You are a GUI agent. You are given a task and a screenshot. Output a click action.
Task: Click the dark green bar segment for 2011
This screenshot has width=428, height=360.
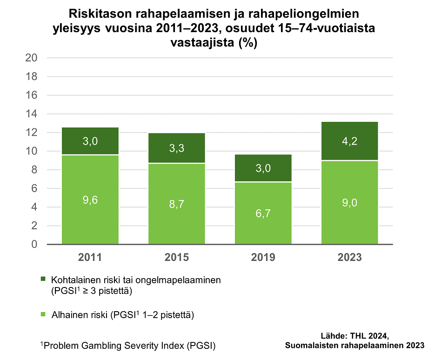tap(90, 140)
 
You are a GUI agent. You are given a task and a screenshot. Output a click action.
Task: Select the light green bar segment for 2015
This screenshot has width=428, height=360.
tap(177, 203)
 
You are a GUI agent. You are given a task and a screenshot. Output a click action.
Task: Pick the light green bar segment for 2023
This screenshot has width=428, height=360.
tap(349, 202)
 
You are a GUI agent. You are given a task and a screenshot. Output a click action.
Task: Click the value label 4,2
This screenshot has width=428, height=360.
tap(349, 140)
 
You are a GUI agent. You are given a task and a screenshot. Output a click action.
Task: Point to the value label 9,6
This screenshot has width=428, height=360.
tap(90, 200)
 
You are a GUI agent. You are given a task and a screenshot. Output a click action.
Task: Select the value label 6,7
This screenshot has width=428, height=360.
tap(263, 213)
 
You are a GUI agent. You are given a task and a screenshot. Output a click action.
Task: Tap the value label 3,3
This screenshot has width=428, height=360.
tap(177, 149)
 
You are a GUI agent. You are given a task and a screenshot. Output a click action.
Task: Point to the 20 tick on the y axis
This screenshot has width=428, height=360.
tap(31, 58)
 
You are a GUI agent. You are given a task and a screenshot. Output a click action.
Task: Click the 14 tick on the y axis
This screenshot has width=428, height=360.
tap(31, 114)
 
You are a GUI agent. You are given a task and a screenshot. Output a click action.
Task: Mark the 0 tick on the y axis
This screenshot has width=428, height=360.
tap(34, 245)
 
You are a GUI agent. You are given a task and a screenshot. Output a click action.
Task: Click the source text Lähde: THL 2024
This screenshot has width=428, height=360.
tap(354, 336)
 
